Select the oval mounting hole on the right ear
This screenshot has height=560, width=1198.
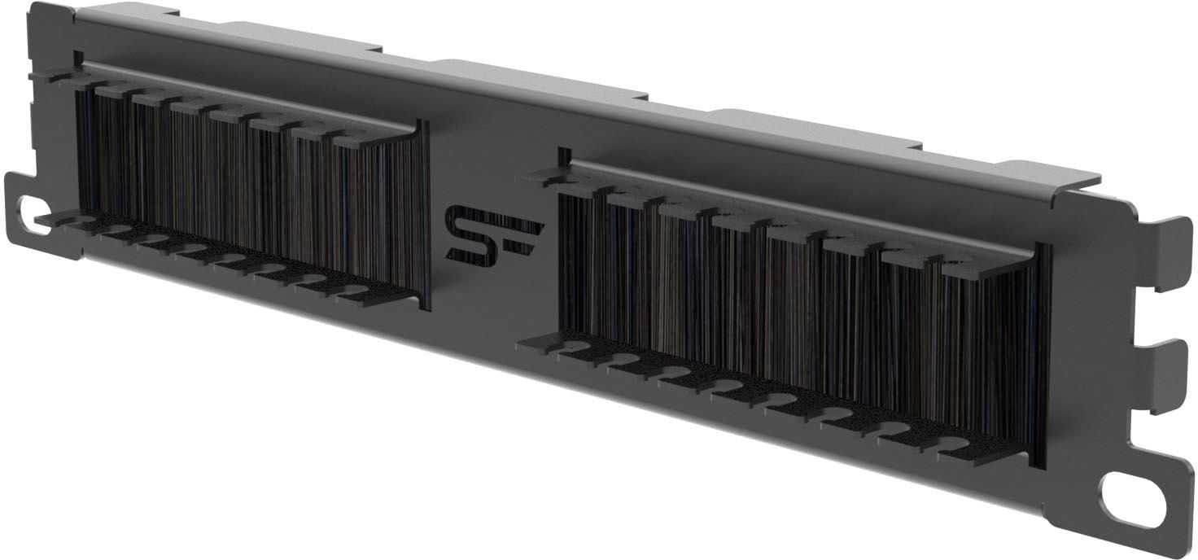tap(1133, 500)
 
